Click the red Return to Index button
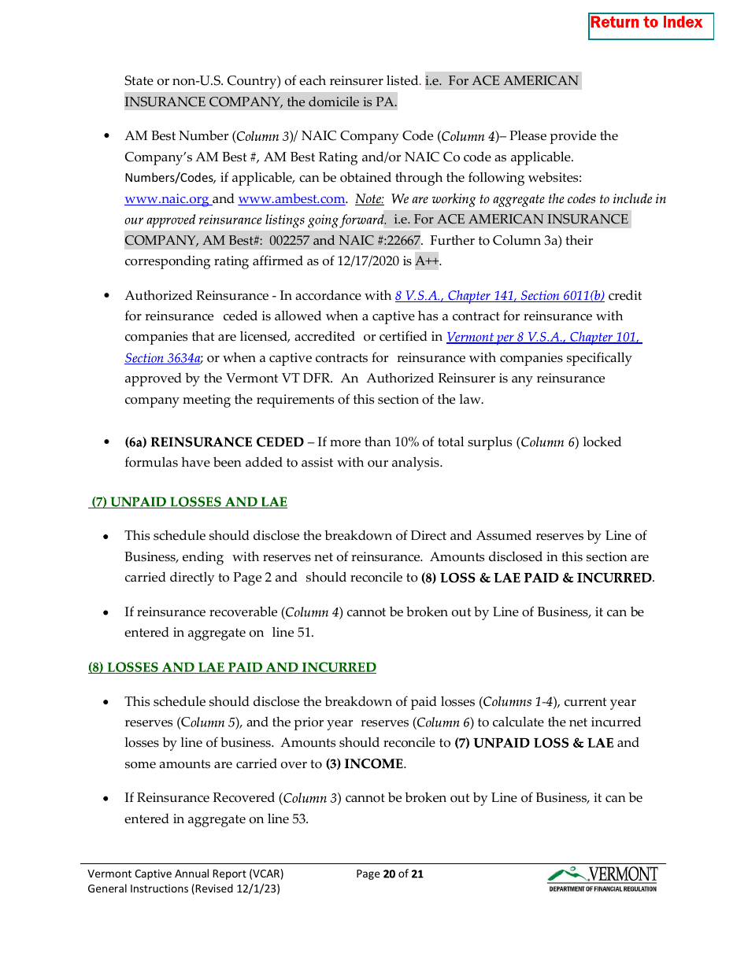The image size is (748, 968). pyautogui.click(x=650, y=25)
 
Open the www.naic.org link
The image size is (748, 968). pyautogui.click(x=167, y=199)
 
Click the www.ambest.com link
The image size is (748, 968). pyautogui.click(x=291, y=199)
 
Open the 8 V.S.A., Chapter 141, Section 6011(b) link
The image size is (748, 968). pyautogui.click(x=499, y=296)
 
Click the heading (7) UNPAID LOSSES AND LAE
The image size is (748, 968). pyautogui.click(x=189, y=502)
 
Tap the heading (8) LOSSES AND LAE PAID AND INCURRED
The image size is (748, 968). pyautogui.click(x=232, y=667)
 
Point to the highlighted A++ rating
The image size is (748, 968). pyautogui.click(x=427, y=261)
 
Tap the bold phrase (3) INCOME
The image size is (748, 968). pyautogui.click(x=364, y=763)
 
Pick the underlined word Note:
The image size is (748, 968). pyautogui.click(x=369, y=199)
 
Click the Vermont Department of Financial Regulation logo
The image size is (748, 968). pyautogui.click(x=602, y=879)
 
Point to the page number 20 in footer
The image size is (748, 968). pyautogui.click(x=388, y=874)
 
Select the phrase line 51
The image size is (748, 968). pyautogui.click(x=294, y=633)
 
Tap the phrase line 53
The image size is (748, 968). pyautogui.click(x=287, y=819)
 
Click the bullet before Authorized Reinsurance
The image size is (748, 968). pyautogui.click(x=107, y=297)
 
